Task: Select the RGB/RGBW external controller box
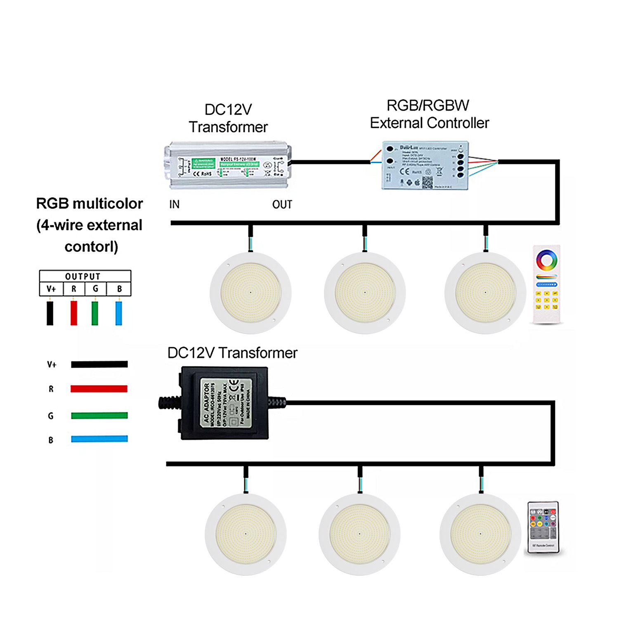click(425, 166)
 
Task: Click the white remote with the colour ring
click(547, 285)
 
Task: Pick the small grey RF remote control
click(543, 527)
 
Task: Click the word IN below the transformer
click(174, 205)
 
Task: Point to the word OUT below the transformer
click(282, 205)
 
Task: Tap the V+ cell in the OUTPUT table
click(51, 289)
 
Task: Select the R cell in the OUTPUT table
click(74, 289)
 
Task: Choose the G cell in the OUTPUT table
click(95, 289)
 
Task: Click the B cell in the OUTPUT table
click(119, 289)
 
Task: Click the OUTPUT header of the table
click(83, 276)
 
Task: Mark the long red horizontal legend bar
click(99, 388)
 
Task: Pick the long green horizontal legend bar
click(99, 415)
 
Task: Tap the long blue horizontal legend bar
click(99, 439)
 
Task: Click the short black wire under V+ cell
click(50, 313)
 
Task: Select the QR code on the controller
click(428, 182)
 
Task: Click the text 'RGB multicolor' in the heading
click(90, 204)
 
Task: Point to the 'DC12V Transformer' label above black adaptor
click(232, 353)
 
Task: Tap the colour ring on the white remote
click(547, 260)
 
